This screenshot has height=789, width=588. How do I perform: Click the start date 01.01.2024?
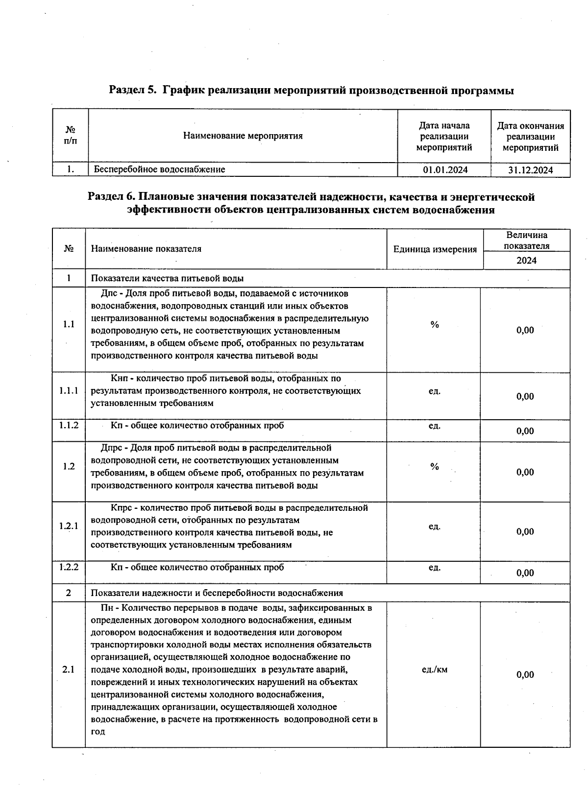coord(445,170)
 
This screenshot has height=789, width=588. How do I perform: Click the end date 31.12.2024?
coord(531,170)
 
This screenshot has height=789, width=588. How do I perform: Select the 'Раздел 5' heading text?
coord(132,91)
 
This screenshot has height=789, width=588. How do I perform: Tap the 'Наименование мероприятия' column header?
coord(243,136)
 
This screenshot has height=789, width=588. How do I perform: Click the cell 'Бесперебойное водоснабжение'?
coord(159,169)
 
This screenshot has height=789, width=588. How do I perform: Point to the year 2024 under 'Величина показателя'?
coord(526,261)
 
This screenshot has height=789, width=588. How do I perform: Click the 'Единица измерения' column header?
coord(435,249)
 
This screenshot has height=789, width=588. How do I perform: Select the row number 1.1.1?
coord(69,391)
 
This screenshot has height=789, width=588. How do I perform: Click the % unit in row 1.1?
coord(434,325)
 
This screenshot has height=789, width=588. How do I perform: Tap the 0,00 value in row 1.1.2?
coord(525,431)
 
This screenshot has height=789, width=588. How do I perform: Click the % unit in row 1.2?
coord(434,467)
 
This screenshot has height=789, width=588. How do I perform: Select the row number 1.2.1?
coord(69,526)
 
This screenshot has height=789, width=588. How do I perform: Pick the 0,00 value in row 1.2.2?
coord(525,573)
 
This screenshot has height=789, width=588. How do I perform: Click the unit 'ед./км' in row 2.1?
coord(434,669)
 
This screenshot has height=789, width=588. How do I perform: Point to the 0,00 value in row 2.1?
coord(525,675)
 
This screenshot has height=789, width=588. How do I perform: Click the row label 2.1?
coord(69,669)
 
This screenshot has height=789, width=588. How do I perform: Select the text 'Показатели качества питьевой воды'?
coord(167,278)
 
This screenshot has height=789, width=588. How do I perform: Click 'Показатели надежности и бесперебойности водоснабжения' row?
coord(217,593)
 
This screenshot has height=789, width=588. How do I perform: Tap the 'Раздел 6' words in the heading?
coord(111,197)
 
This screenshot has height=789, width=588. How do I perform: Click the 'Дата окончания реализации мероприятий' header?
coord(531,137)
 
